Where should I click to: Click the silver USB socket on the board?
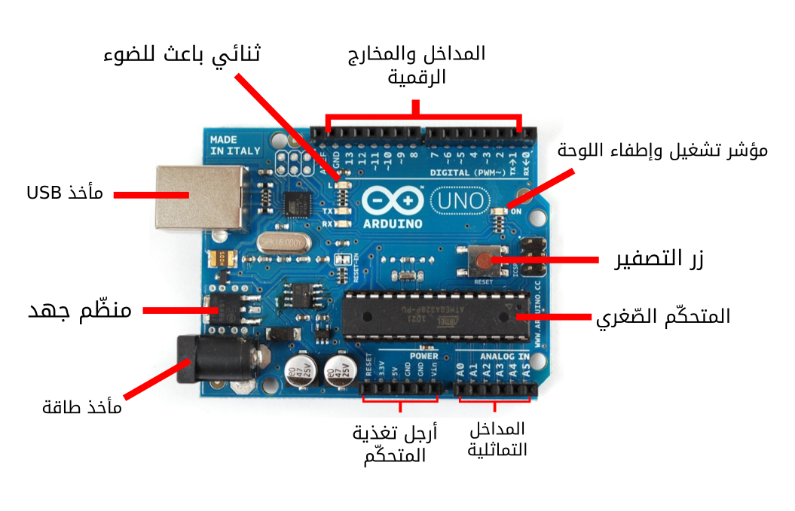[200, 197]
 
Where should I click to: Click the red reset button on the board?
[482, 260]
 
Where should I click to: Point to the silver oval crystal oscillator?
[283, 242]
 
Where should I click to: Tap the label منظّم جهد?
[80, 310]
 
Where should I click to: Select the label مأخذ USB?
[65, 193]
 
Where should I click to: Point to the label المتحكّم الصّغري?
[663, 317]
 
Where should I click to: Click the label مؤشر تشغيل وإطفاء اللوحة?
[662, 150]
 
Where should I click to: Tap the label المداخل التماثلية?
[497, 440]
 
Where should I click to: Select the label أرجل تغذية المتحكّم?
[395, 444]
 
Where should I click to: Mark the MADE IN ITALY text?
[235, 145]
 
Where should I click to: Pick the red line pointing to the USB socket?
[151, 195]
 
